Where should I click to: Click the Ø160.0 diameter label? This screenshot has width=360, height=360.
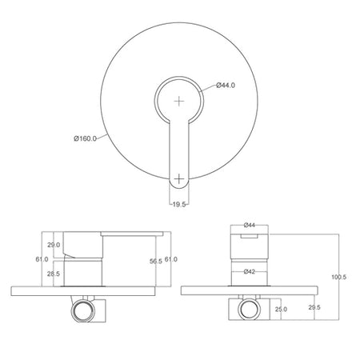coord(85,138)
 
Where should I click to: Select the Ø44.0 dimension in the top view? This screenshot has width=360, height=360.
coord(226,86)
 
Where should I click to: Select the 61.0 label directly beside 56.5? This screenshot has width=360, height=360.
coord(170,259)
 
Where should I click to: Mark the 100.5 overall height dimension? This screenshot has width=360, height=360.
coord(338,277)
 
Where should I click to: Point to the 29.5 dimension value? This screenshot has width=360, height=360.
coord(314,306)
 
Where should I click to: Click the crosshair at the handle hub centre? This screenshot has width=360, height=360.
coord(179,101)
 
